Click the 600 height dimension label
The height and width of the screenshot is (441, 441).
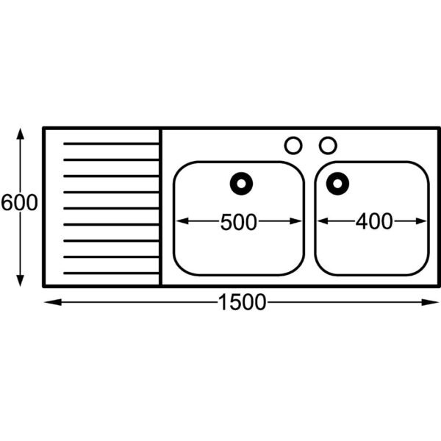[19, 203]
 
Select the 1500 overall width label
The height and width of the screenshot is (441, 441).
[242, 302]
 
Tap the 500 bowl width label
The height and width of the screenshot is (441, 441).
[238, 222]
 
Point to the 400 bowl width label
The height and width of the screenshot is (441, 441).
[374, 221]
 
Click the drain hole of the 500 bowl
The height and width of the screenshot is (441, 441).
[241, 184]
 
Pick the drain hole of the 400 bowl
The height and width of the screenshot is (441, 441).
[337, 184]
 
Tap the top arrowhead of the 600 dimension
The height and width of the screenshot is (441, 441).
[20, 133]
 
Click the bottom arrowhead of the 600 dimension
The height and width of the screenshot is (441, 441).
[20, 281]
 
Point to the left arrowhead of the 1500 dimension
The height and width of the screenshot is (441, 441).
[53, 302]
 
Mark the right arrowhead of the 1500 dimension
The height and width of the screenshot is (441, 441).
[430, 302]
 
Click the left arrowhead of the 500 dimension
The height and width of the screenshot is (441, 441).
[182, 221]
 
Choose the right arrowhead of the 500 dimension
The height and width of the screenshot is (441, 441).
[296, 221]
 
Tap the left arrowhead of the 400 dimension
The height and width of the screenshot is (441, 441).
[323, 221]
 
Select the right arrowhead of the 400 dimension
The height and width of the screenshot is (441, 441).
[420, 221]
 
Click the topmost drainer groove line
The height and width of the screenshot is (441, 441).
[111, 144]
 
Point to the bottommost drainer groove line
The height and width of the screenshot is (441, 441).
[111, 273]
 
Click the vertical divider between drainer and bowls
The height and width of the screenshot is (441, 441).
[160, 207]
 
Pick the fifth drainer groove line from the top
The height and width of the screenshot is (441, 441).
[111, 209]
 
